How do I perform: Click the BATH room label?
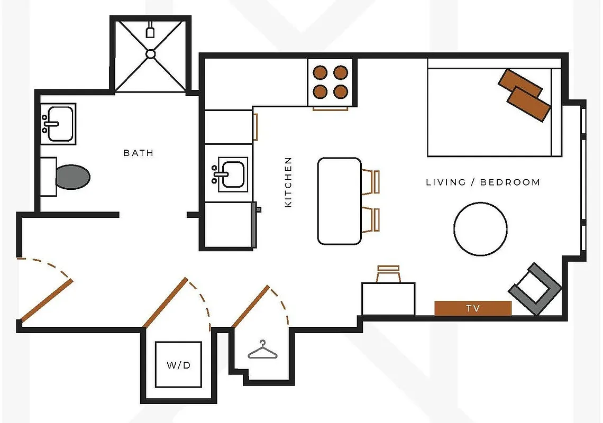[138, 153]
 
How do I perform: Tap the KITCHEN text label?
[288, 182]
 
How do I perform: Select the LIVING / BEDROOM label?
[483, 182]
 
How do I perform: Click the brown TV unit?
[473, 308]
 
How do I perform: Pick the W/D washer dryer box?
[178, 365]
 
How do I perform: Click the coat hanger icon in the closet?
[263, 350]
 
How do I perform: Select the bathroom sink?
[58, 124]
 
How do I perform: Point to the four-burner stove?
[330, 82]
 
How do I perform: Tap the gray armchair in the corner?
[534, 289]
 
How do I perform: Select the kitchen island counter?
[339, 201]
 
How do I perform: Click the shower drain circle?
[151, 53]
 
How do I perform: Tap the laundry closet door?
[165, 302]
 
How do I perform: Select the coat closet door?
[251, 306]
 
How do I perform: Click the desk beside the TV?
[388, 299]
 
